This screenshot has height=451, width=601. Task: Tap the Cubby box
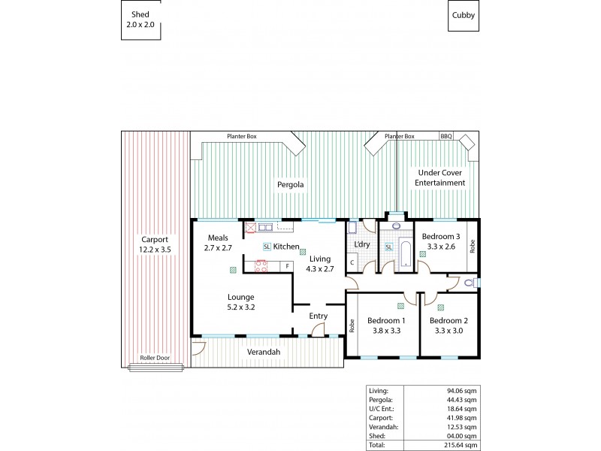tap(463, 15)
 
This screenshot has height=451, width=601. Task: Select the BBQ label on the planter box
tap(446, 136)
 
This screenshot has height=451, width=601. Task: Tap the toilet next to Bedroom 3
tap(470, 283)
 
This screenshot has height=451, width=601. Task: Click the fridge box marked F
tap(286, 265)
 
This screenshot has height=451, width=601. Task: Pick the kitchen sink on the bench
tap(265, 226)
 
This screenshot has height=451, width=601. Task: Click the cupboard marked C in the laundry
tap(352, 262)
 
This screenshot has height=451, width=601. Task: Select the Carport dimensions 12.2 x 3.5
tap(156, 249)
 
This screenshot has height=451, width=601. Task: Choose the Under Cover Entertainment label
tap(441, 177)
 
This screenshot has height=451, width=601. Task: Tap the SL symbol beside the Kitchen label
tap(267, 247)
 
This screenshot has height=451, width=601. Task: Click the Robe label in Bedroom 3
tap(473, 247)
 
